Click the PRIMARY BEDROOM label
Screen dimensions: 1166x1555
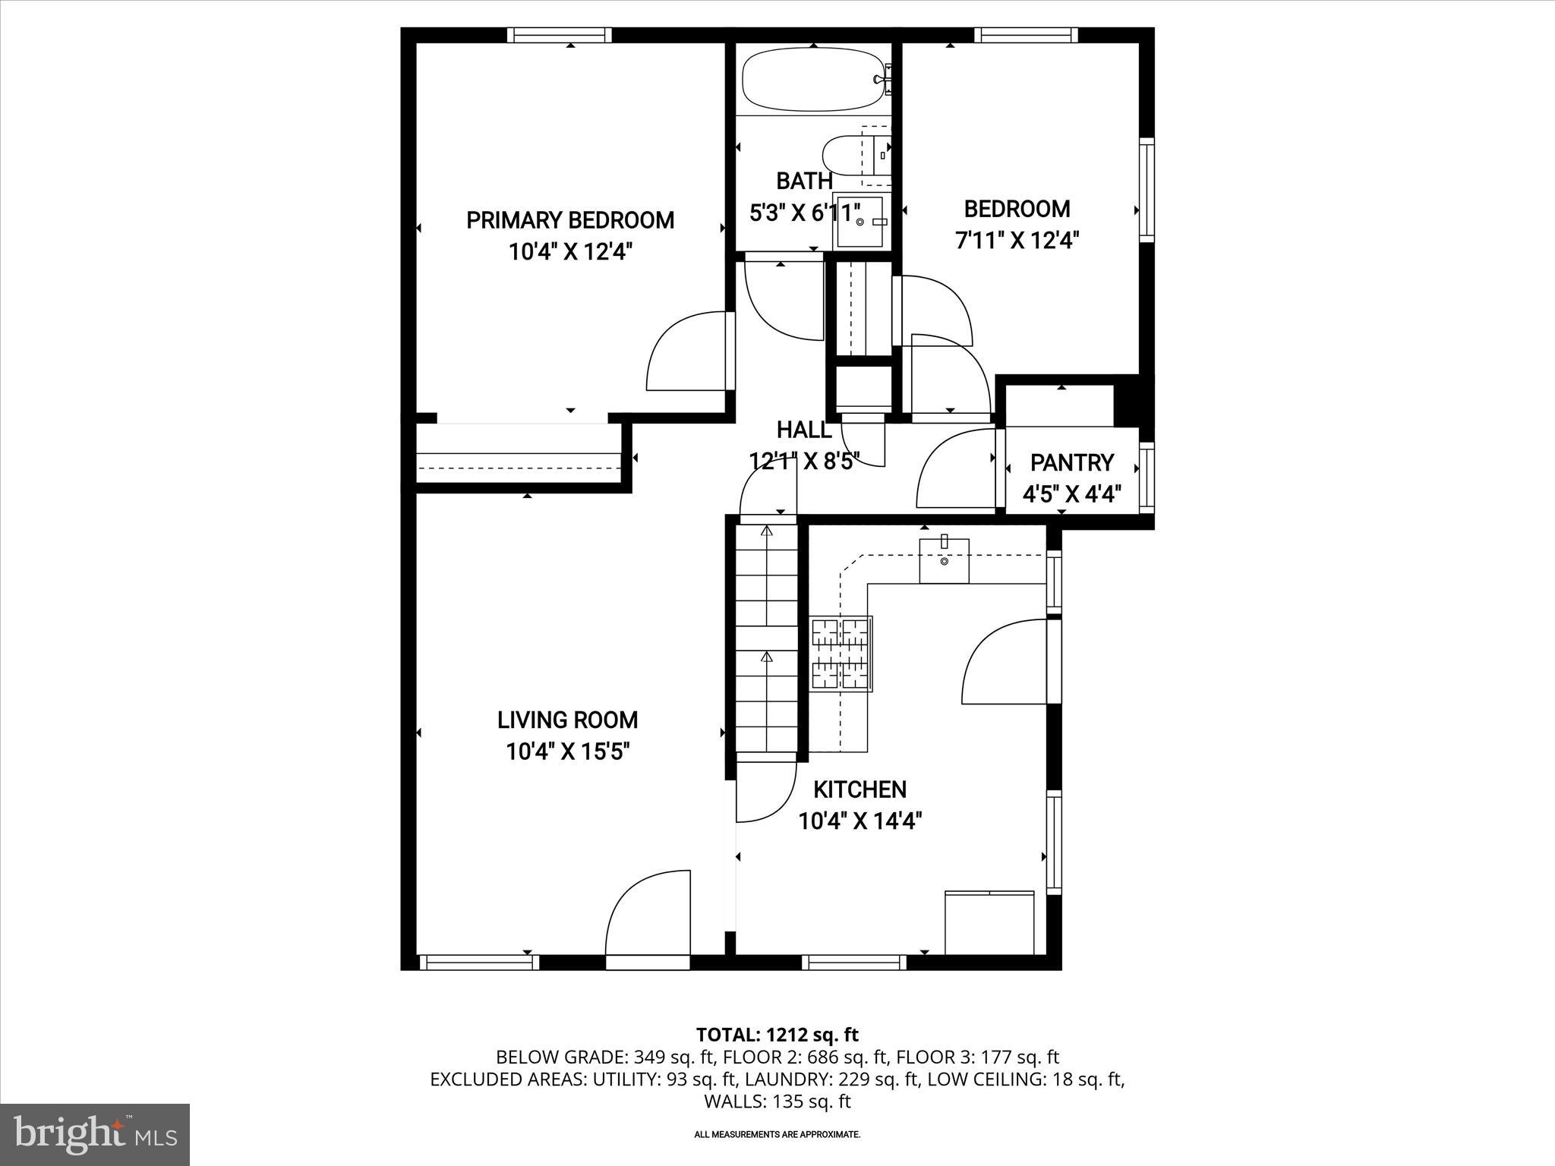click(569, 220)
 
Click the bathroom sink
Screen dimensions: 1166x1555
click(860, 221)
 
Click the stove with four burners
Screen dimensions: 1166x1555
click(841, 653)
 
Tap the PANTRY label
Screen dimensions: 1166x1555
click(1071, 462)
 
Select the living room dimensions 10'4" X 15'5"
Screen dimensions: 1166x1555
click(568, 752)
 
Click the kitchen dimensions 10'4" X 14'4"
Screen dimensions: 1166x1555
click(860, 821)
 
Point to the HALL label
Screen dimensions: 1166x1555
click(804, 430)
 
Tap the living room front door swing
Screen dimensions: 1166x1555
click(647, 915)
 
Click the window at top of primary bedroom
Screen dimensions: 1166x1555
click(559, 35)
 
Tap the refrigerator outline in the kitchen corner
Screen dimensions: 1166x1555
click(989, 922)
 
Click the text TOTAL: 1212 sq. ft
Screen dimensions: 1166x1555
click(777, 1034)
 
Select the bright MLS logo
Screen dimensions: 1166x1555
click(94, 1134)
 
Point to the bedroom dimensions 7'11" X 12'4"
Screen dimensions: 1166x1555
click(1017, 240)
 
